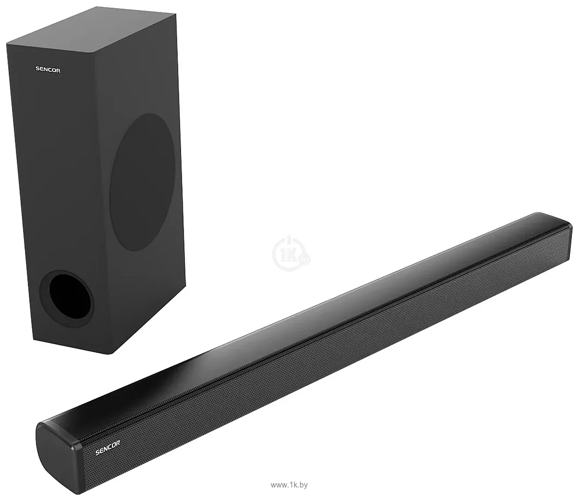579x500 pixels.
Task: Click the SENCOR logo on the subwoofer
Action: tap(48, 70)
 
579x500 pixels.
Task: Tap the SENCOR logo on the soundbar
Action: tap(108, 447)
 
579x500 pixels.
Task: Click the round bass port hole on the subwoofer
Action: tap(67, 298)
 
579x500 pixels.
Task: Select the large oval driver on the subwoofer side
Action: tap(142, 182)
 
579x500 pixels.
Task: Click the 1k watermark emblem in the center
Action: tap(291, 253)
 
